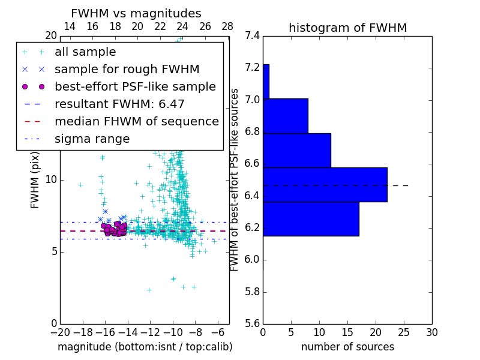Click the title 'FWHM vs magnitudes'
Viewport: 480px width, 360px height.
(x=136, y=13)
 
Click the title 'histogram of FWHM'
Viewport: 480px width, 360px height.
(x=347, y=28)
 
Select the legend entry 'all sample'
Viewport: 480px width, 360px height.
(x=85, y=52)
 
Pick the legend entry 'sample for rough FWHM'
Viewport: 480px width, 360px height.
(x=127, y=70)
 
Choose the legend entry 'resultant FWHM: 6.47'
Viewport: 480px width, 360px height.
(x=119, y=104)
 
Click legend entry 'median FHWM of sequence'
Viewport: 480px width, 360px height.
(x=136, y=121)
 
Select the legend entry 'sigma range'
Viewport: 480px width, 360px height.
(x=92, y=139)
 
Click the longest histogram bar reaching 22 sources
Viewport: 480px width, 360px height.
(x=325, y=185)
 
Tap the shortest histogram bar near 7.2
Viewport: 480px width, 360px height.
(x=266, y=81)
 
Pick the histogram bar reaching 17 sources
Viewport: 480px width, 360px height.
(x=311, y=219)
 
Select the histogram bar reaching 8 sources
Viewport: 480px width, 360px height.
(x=285, y=116)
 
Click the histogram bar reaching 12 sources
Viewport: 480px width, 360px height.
(x=296, y=150)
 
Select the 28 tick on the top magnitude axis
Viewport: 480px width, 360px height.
(x=227, y=26)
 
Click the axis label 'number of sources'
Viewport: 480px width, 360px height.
(x=347, y=347)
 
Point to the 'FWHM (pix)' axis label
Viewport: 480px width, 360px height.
(x=35, y=179)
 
